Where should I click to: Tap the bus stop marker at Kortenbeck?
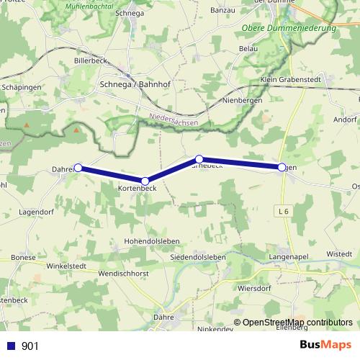(x=145, y=181)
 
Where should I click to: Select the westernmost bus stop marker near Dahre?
(x=78, y=168)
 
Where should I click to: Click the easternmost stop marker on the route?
(x=282, y=167)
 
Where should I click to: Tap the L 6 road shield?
(x=284, y=210)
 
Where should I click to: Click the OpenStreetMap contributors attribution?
(x=297, y=323)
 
